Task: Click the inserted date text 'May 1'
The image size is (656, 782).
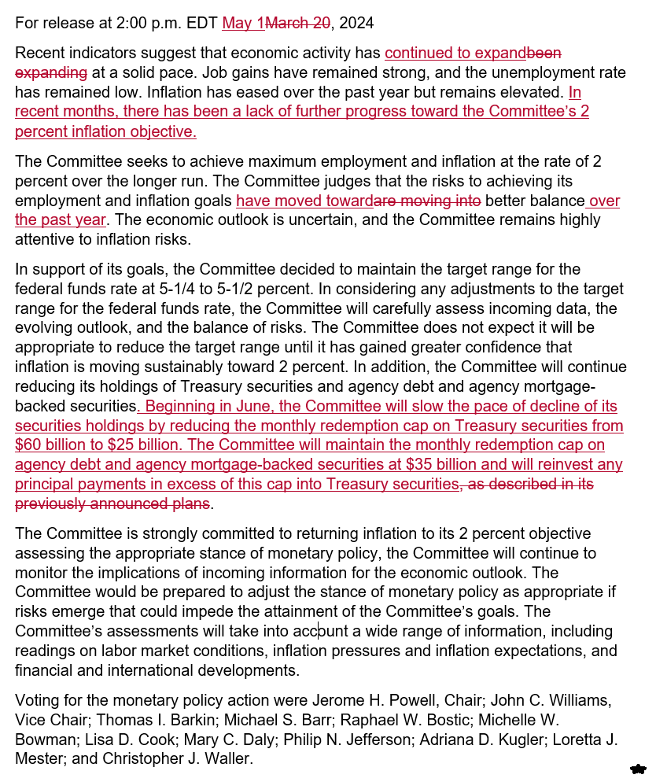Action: click(x=243, y=23)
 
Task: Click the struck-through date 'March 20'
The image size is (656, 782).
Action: click(x=297, y=23)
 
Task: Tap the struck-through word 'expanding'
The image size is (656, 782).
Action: click(x=50, y=72)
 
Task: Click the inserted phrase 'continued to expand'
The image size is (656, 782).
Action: click(x=455, y=53)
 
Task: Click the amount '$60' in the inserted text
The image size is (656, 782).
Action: click(x=31, y=444)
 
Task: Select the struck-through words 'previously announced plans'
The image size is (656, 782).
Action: click(x=112, y=503)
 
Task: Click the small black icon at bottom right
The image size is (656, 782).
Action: click(x=638, y=769)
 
